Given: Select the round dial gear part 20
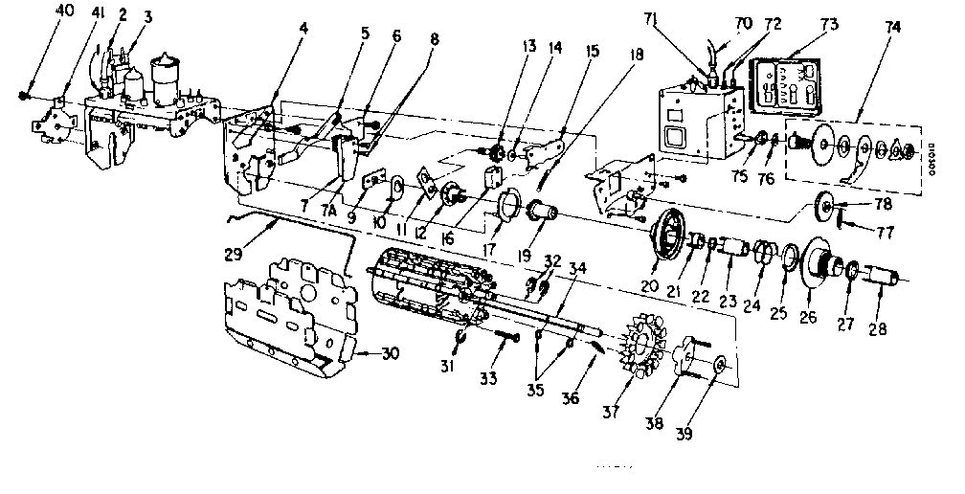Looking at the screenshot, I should (669, 239).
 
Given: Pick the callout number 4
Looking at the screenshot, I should (303, 30).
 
